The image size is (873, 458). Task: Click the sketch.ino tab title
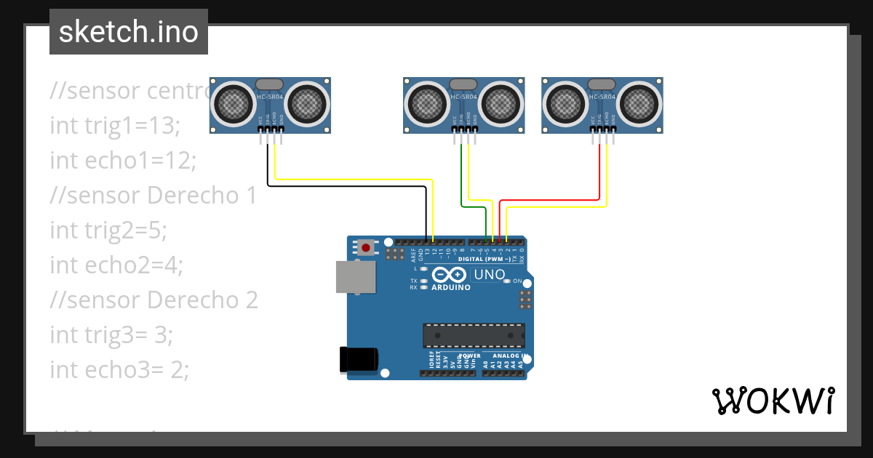129,32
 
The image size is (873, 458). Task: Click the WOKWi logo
773,401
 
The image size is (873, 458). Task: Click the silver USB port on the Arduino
355,277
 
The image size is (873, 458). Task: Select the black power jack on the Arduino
359,359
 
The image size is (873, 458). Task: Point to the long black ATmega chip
474,335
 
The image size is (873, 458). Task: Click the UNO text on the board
489,275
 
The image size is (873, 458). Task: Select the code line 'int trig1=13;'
114,126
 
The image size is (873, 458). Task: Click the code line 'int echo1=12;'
123,160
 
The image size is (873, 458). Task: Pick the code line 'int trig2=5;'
108,230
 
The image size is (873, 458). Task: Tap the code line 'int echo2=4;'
116,265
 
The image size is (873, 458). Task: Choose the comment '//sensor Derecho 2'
154,300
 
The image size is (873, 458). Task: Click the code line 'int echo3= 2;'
119,369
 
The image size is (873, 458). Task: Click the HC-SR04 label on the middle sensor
463,97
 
